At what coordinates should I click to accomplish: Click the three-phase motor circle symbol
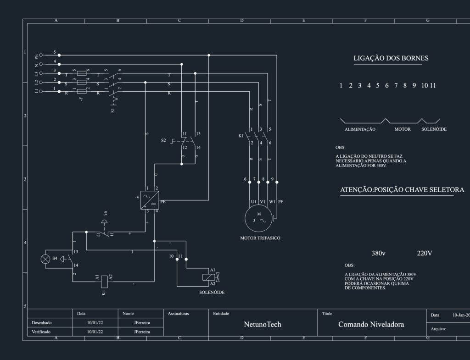point(245,218)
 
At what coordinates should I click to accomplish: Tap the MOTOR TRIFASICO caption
point(260,238)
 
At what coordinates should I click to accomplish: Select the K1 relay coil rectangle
point(104,282)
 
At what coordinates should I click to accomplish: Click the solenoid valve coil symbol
point(209,277)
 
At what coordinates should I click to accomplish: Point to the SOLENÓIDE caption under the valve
point(212,292)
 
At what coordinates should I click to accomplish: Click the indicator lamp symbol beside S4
point(45,259)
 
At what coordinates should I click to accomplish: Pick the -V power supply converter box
point(150,200)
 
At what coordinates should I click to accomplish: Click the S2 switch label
point(163,140)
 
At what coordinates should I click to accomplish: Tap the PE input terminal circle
point(41,55)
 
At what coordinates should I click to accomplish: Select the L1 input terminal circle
point(41,91)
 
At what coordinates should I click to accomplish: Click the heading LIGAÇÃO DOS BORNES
point(391,58)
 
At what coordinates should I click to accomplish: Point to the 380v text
point(379,254)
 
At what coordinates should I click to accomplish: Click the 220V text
point(425,254)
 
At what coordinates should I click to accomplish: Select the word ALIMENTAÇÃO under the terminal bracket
point(360,129)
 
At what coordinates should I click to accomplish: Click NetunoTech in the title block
point(263,324)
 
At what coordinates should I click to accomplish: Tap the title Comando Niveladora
point(371,324)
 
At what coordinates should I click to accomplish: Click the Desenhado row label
point(42,323)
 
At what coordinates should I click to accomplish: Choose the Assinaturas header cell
point(179,314)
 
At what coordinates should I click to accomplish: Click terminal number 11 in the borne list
point(433,86)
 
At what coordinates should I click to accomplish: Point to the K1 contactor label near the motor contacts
point(241,136)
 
